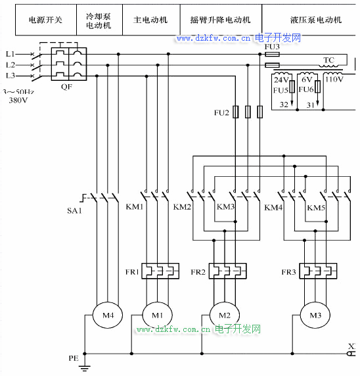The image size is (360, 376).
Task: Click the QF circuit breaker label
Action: [66, 86]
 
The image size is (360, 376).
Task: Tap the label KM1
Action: [135, 206]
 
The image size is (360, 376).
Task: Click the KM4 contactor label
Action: [273, 207]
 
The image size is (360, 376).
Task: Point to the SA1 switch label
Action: [74, 210]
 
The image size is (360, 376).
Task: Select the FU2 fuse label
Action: [221, 112]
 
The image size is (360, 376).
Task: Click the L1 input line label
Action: [11, 54]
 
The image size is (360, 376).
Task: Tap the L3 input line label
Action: [11, 76]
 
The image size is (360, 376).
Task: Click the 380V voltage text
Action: [18, 100]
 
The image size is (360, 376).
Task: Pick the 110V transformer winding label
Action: [334, 79]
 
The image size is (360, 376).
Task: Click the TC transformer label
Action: [328, 60]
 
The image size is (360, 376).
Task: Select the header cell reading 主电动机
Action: [150, 20]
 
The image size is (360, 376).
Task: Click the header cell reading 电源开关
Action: [45, 20]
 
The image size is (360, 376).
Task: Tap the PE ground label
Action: [74, 358]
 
